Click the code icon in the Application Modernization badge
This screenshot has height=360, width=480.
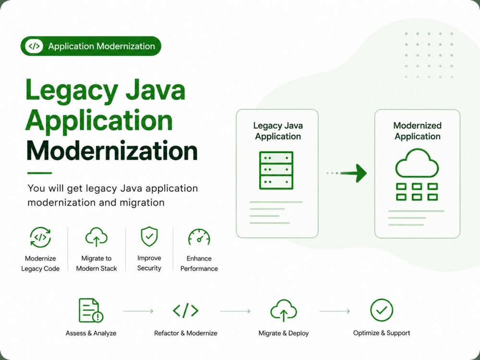pos(34,46)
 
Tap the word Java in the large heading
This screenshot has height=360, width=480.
pos(156,90)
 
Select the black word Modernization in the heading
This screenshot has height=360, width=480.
pos(112,151)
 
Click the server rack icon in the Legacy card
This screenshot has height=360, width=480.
pos(276,170)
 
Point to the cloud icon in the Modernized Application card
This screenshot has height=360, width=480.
pos(417,163)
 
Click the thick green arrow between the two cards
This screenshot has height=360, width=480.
pos(354,173)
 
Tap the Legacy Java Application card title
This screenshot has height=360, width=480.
pos(278,131)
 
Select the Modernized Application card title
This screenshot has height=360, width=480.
pos(417,131)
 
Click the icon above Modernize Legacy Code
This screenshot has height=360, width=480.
pos(40,237)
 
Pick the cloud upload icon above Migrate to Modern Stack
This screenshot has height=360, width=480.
pos(96,237)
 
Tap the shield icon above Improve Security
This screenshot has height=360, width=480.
pos(149,236)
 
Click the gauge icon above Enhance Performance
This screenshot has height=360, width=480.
pos(199,237)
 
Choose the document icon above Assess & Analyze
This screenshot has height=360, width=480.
pos(91,311)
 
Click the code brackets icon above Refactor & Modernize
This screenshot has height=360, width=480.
pos(185,311)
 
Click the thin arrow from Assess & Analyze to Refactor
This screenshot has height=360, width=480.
pos(138,311)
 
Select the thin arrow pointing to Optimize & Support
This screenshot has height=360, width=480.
pos(335,311)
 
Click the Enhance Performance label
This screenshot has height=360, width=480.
pos(199,264)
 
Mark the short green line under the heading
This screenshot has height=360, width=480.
pos(39,173)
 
